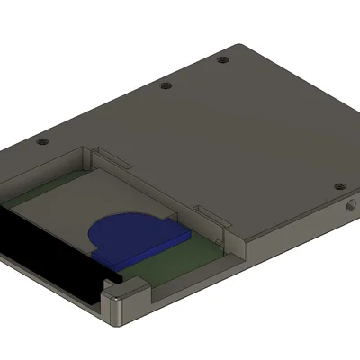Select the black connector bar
pos(45,252)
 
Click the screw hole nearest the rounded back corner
pos(222,60)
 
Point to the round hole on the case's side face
pos(349,206)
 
